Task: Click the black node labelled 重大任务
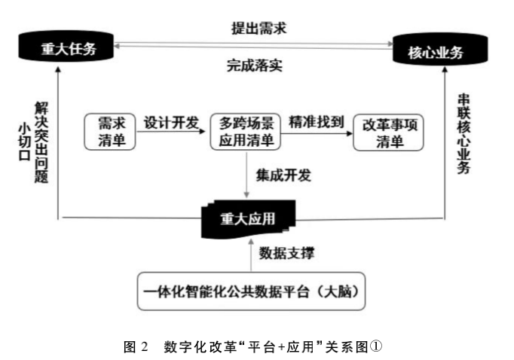click(69, 49)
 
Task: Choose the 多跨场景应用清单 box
click(246, 130)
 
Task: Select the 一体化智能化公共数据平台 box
click(252, 289)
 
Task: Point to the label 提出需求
click(259, 28)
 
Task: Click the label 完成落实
click(254, 64)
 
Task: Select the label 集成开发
click(283, 175)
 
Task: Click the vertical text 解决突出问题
click(41, 139)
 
